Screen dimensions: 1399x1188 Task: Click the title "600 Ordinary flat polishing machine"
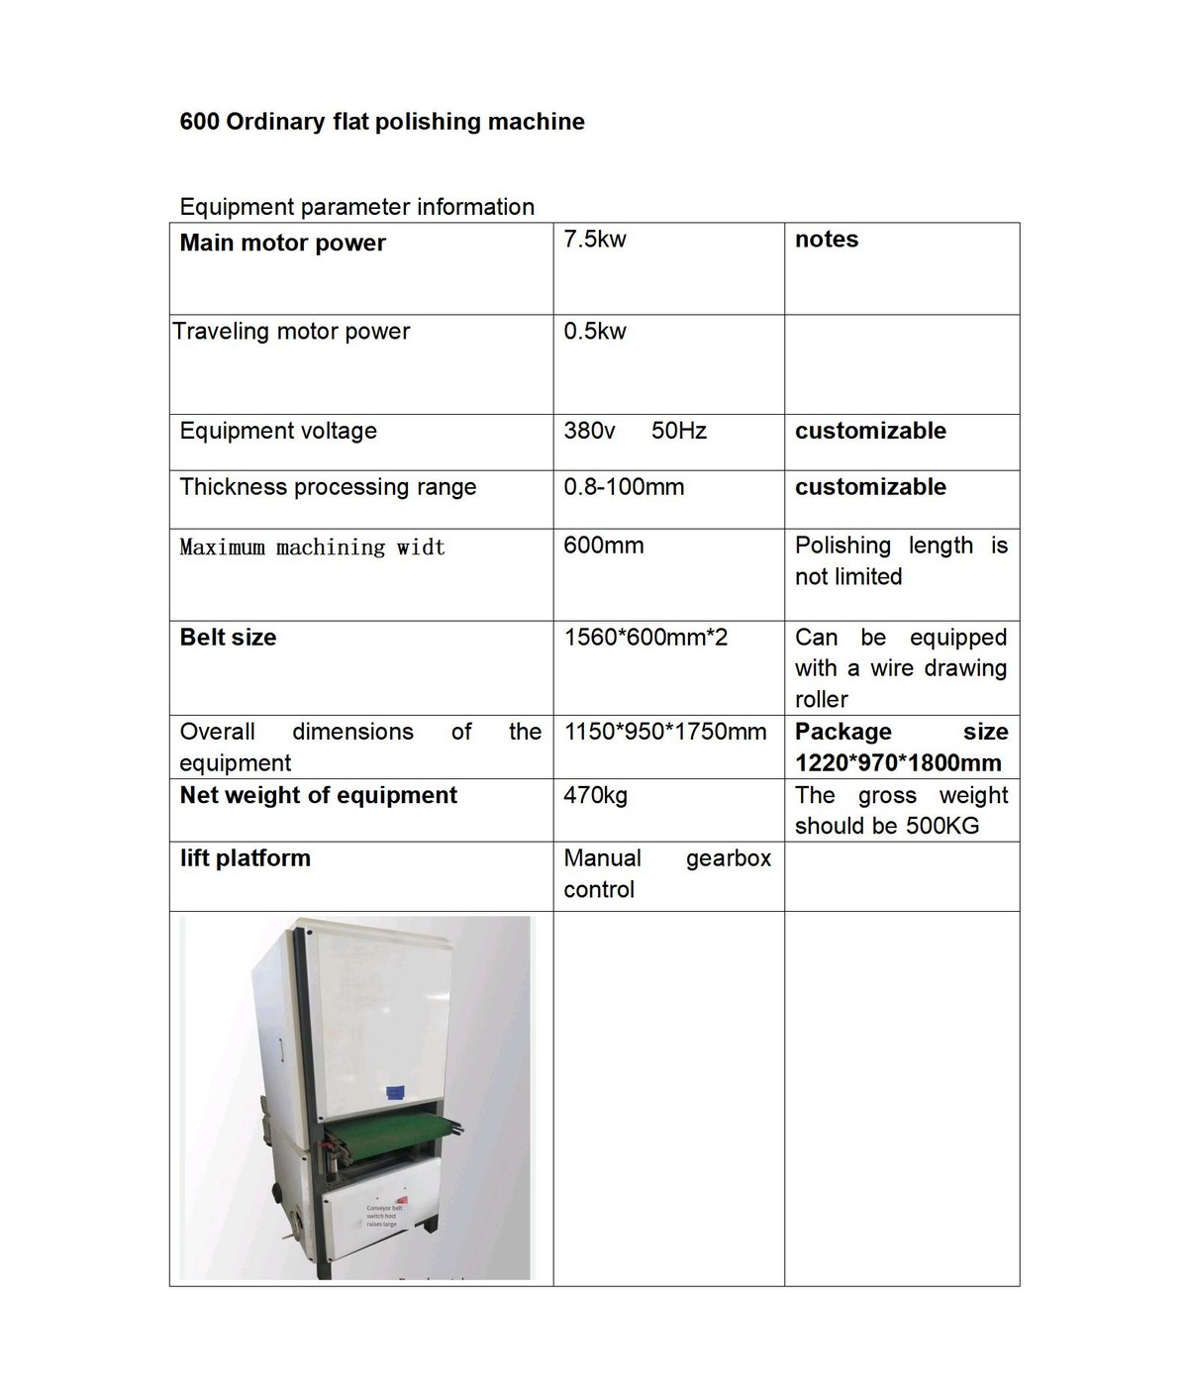[x=382, y=122]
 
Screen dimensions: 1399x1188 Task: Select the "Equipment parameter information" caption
[x=356, y=207]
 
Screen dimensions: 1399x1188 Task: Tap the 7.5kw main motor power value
[x=595, y=240]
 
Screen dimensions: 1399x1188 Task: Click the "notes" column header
[x=827, y=240]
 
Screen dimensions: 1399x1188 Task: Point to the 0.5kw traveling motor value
[x=595, y=332]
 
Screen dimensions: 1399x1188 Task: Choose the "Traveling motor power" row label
[x=291, y=332]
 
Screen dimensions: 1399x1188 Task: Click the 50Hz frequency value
[x=679, y=431]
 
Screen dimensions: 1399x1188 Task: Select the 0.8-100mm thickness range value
[x=624, y=487]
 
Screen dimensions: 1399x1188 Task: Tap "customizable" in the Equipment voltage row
[x=870, y=431]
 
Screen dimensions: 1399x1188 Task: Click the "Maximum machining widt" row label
[x=312, y=548]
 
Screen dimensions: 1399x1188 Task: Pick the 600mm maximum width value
[x=604, y=546]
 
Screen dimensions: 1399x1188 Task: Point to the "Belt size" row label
[x=228, y=638]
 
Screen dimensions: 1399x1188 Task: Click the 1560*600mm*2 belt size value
[x=645, y=638]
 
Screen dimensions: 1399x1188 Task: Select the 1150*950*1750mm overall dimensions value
[x=665, y=732]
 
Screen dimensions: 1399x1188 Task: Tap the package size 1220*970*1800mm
[x=898, y=763]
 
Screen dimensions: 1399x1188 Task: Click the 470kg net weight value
[x=595, y=795]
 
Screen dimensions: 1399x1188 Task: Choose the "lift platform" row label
[x=245, y=858]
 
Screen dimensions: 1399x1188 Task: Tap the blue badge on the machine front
[x=397, y=1092]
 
